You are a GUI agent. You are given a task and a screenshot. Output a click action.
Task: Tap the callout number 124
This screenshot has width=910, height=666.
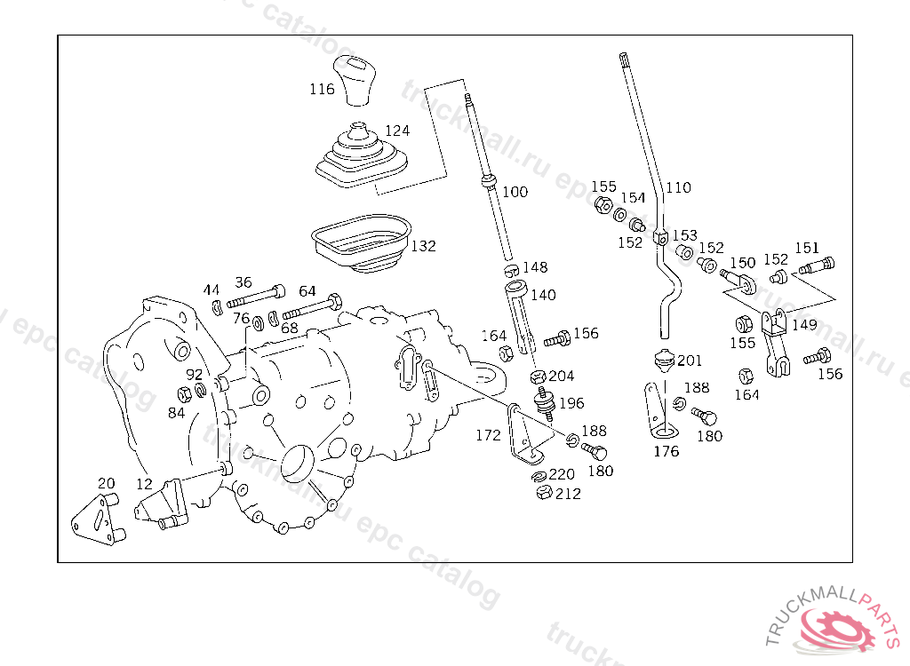click(397, 131)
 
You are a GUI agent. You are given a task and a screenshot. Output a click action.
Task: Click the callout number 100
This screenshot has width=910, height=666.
click(515, 192)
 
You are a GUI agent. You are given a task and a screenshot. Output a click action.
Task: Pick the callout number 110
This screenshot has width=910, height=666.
click(678, 187)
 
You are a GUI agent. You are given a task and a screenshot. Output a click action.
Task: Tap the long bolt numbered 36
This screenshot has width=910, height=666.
click(255, 296)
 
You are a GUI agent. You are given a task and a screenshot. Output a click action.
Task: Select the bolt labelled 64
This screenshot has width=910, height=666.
click(312, 306)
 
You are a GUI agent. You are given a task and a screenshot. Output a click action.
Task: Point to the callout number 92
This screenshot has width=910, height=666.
click(195, 374)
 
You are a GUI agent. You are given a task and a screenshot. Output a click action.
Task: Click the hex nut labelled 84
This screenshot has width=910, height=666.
click(184, 394)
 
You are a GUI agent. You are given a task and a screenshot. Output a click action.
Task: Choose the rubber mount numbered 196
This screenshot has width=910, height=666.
click(544, 403)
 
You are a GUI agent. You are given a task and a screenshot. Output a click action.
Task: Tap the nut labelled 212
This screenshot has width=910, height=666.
click(544, 493)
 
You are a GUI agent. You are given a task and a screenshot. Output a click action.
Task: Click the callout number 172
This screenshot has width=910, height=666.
click(488, 435)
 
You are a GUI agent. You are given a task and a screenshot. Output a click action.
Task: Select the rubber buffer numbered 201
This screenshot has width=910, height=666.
click(665, 361)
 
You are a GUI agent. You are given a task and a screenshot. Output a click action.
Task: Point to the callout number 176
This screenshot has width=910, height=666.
click(666, 451)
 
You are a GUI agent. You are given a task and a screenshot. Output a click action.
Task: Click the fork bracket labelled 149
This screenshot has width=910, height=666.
click(775, 342)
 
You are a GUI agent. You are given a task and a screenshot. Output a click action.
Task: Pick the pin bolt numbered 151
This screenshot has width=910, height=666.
click(817, 266)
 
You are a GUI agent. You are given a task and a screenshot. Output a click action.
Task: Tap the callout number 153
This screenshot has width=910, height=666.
click(685, 235)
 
